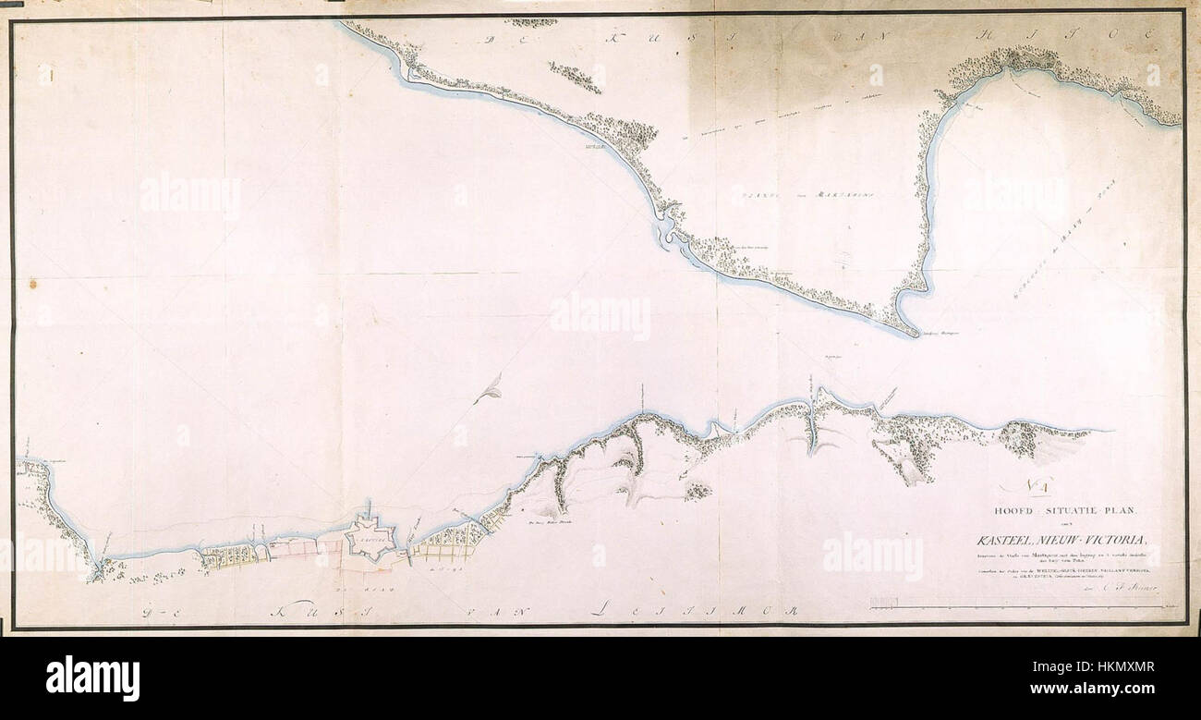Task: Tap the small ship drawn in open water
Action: [488, 390]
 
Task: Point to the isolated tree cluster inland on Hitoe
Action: [575, 77]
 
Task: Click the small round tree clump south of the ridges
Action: [698, 491]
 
